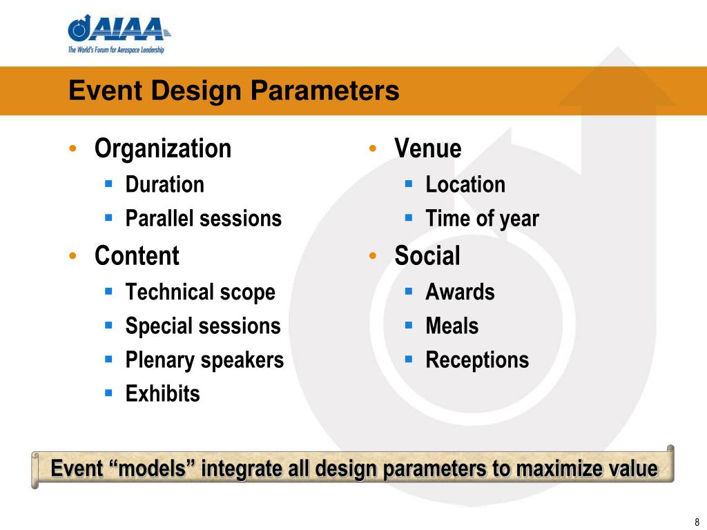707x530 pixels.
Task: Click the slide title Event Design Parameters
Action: tap(234, 90)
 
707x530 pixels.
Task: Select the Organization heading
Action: tap(163, 148)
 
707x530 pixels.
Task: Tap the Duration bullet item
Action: tap(164, 184)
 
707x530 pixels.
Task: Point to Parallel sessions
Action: tap(204, 218)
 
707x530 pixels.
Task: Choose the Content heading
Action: tap(137, 255)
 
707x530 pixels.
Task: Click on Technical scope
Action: tap(200, 292)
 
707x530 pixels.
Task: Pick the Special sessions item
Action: tap(203, 326)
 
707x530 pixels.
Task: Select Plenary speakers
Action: tap(204, 360)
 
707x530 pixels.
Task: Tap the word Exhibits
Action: tap(162, 393)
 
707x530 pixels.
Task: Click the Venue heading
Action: tap(428, 148)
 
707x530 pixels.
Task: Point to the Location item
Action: tap(465, 184)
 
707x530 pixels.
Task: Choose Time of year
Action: tap(482, 219)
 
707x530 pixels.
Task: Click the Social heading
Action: tap(427, 255)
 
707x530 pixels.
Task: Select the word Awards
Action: tap(460, 292)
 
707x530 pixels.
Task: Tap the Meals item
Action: tap(452, 326)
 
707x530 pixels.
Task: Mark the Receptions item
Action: tap(477, 360)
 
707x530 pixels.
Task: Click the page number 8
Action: tap(697, 522)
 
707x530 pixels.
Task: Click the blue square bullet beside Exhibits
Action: tap(108, 393)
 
